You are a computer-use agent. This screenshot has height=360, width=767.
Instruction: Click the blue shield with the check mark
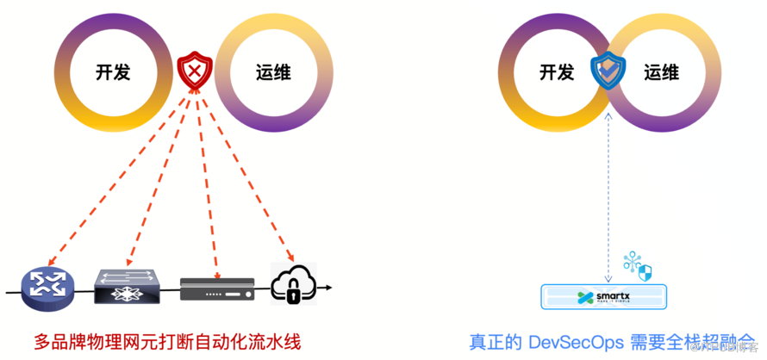tap(609, 73)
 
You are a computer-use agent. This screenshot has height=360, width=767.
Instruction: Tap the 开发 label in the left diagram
tap(113, 72)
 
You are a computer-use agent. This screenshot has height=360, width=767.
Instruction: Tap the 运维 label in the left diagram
tap(274, 72)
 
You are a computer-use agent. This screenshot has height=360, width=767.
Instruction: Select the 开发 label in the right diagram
tap(557, 72)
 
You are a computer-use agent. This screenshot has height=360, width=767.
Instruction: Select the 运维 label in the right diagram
tap(661, 72)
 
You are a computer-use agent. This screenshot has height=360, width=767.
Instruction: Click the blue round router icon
tap(45, 287)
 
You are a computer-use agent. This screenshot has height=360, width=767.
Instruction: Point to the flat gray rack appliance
tap(217, 288)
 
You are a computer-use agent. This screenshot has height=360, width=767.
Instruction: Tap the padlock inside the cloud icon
tap(294, 295)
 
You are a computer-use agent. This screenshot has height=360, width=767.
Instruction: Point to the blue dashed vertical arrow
tap(609, 189)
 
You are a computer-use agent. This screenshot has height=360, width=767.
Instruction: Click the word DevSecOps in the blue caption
tap(568, 340)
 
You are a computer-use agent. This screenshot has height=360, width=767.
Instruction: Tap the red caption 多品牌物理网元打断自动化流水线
tap(168, 340)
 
